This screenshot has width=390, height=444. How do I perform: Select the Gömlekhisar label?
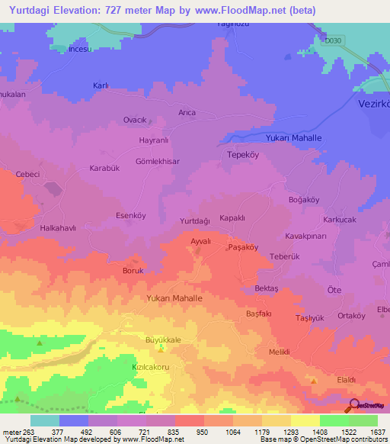click(157, 162)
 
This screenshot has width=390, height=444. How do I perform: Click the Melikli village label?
click(281, 352)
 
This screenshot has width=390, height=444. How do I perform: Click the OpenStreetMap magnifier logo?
click(354, 407)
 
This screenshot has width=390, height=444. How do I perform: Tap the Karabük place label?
click(105, 168)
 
